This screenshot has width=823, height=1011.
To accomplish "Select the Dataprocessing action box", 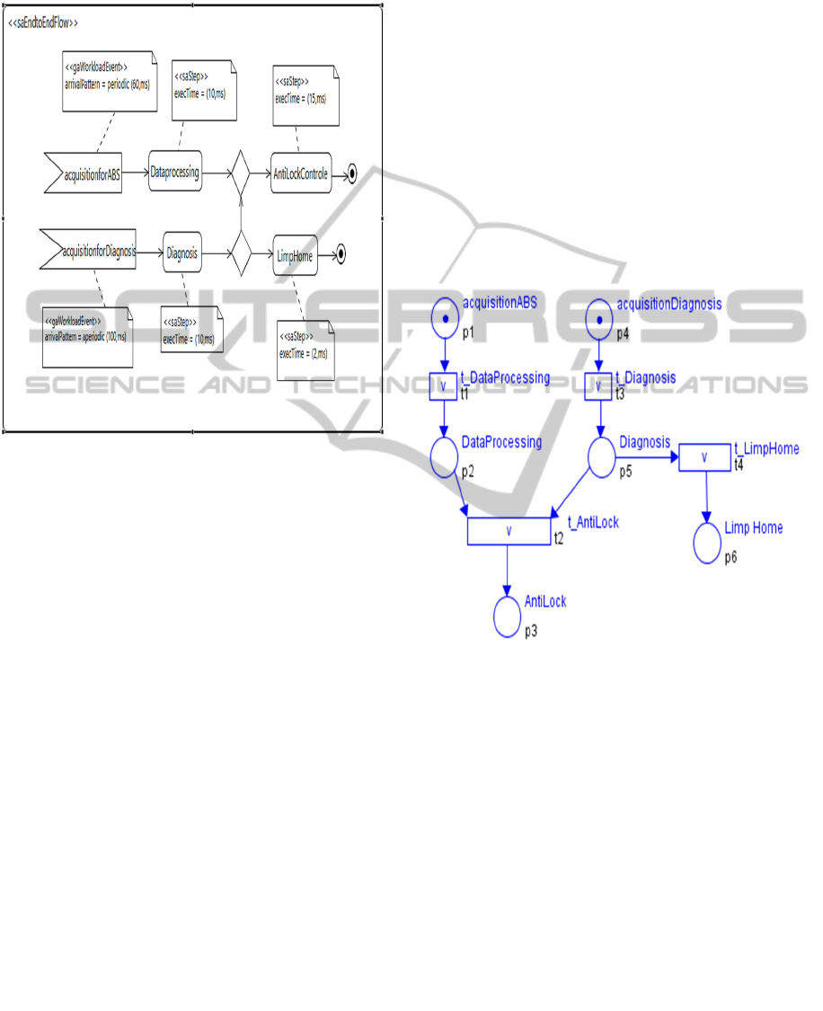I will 175,172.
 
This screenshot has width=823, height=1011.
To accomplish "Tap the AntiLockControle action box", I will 301,173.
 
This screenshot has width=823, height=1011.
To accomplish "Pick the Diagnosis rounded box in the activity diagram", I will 182,253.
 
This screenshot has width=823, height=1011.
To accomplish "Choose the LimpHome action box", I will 295,255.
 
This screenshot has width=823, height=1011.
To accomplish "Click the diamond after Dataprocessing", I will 240,173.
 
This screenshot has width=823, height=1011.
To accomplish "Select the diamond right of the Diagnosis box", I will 240,254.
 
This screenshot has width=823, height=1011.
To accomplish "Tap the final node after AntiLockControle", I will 351,174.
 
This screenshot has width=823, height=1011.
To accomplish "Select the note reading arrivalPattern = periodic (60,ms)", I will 111,82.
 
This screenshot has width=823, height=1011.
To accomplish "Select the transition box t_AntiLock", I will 509,530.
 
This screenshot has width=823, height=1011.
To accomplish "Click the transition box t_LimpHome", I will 704,457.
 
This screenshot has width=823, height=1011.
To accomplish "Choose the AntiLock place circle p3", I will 509,616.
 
